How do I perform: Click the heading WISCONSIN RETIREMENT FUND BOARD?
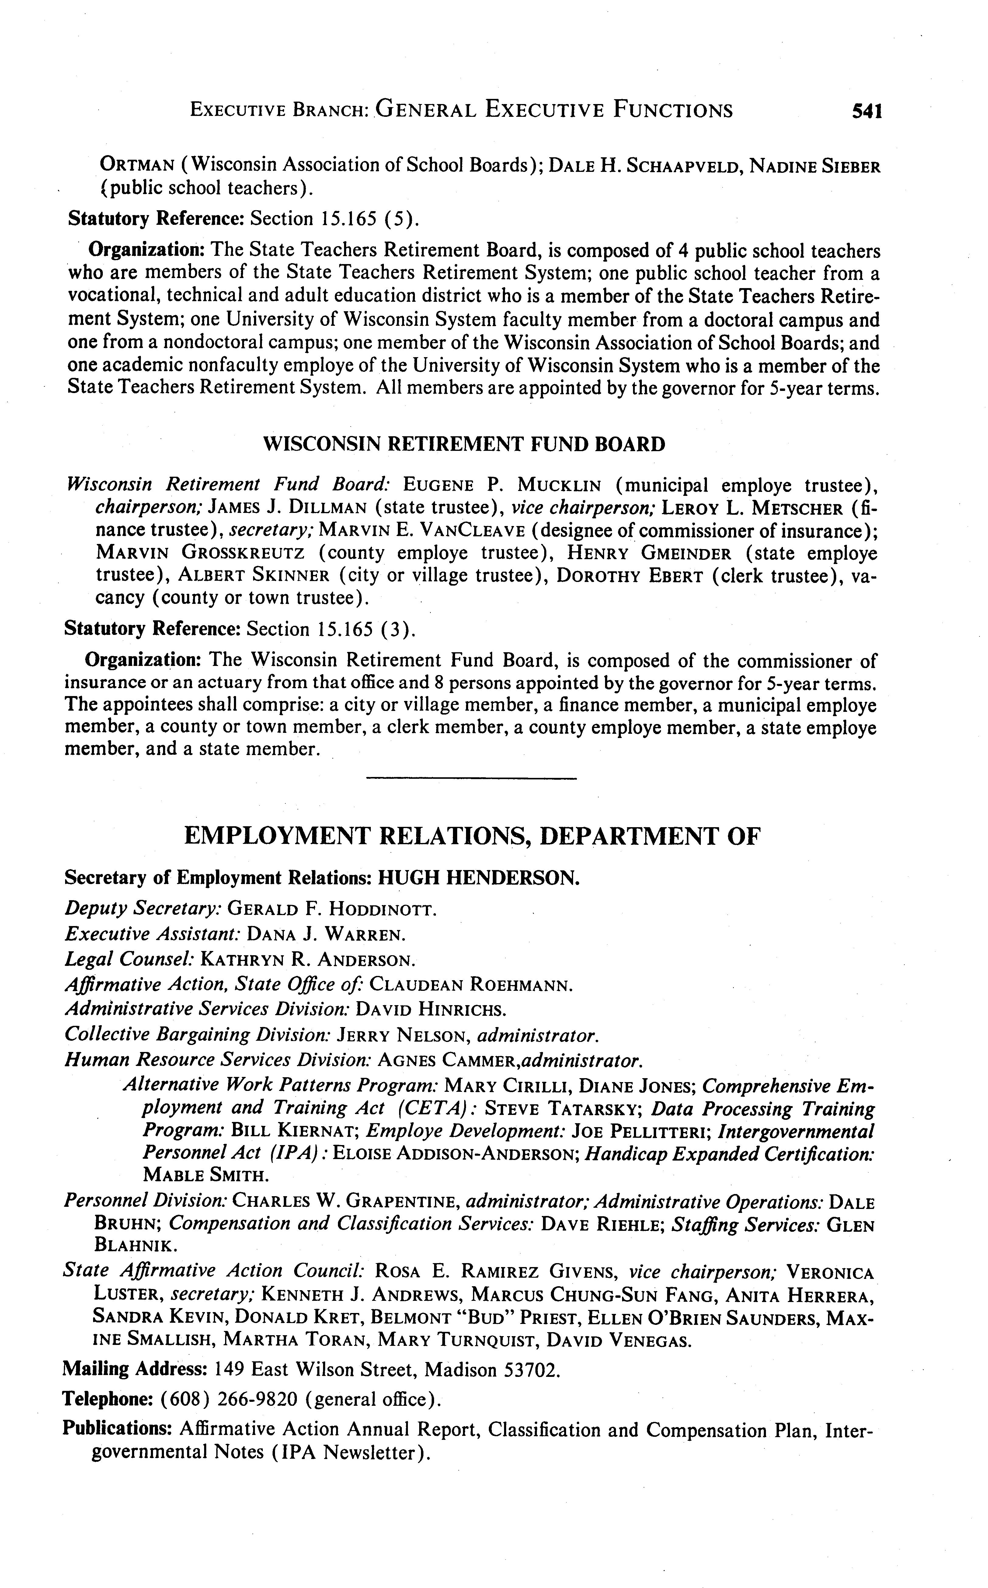point(464,445)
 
